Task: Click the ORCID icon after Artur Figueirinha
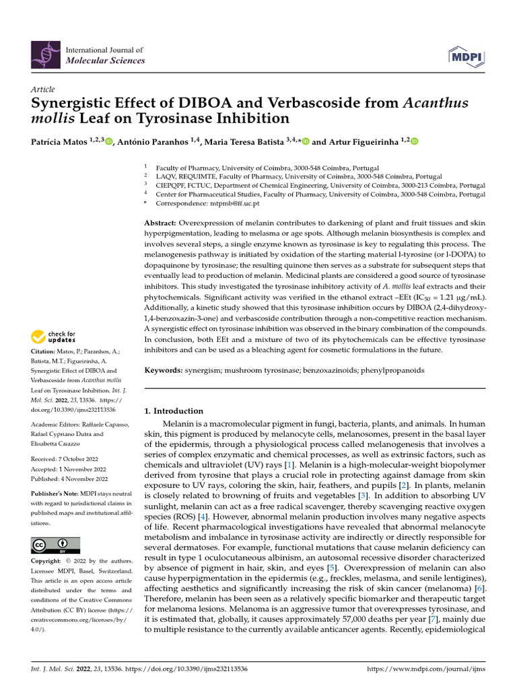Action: point(414,142)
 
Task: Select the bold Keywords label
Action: point(164,371)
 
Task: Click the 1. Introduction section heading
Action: point(174,410)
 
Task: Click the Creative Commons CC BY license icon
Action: point(55,545)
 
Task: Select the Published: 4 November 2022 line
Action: point(69,479)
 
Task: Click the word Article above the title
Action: point(43,89)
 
